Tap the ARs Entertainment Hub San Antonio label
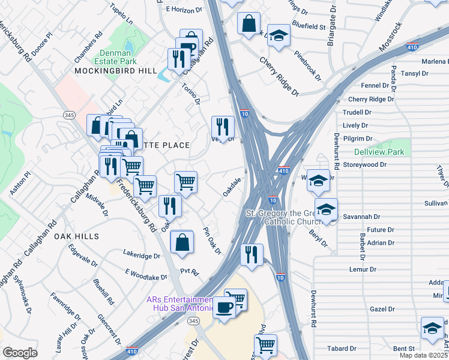(180, 304)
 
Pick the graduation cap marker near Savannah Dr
(326, 210)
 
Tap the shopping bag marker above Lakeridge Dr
(182, 242)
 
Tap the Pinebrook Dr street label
(308, 65)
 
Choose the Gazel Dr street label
(382, 310)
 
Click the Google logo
(20, 352)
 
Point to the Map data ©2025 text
(423, 355)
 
